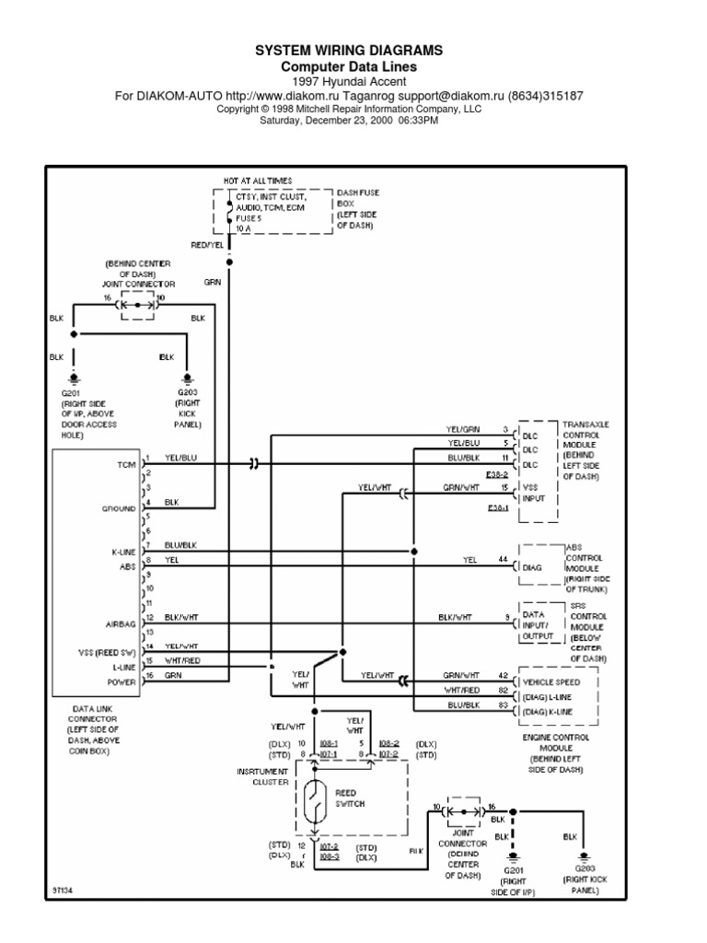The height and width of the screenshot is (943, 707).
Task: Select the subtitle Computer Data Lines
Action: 348,66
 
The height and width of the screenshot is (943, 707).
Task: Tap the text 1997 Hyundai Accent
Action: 348,81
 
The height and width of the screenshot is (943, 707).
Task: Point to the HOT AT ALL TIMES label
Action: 255,181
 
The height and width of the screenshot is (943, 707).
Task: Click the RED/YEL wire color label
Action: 206,245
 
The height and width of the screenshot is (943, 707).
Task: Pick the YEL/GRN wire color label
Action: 463,429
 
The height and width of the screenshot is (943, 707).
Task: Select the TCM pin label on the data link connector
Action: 125,465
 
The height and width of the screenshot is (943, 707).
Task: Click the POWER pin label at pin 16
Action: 122,682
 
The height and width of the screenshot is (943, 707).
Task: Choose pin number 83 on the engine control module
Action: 503,704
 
